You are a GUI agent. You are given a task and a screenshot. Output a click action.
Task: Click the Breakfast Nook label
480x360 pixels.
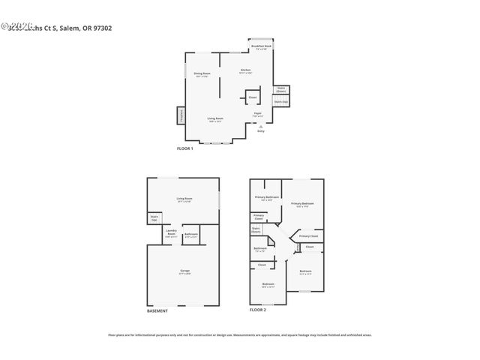[262, 47]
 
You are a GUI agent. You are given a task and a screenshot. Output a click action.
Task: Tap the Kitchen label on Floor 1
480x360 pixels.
[245, 71]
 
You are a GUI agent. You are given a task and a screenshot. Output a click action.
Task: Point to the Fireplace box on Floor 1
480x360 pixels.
[181, 115]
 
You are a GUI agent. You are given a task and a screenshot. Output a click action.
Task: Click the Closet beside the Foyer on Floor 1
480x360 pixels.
[252, 97]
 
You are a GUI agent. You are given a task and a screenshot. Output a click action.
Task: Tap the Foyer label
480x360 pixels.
[257, 115]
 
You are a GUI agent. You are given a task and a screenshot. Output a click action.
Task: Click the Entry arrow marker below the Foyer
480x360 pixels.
[260, 127]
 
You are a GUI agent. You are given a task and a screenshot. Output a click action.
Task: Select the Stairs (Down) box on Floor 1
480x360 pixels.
[280, 89]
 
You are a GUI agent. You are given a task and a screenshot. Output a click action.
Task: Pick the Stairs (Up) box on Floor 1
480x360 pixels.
[280, 101]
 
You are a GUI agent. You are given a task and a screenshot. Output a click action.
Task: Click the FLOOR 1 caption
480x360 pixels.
[184, 148]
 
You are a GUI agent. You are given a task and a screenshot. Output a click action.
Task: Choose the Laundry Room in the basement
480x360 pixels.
[171, 234]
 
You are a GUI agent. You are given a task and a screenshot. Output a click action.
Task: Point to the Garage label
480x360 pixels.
[184, 271]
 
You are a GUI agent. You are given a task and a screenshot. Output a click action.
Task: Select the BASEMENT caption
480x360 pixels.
[158, 310]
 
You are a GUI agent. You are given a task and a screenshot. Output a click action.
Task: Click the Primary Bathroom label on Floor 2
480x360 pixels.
[266, 198]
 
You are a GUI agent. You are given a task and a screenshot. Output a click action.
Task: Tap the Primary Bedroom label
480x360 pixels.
[302, 204]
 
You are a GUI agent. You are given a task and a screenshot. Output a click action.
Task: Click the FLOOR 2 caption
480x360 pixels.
[258, 310]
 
